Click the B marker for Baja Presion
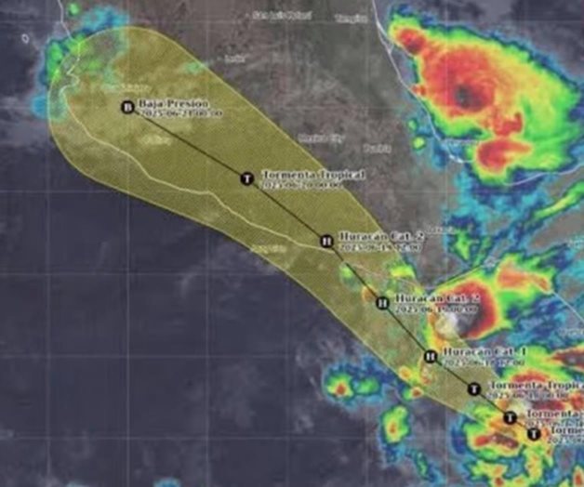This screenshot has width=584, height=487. (x=126, y=106)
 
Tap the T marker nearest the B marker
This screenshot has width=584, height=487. (x=246, y=178)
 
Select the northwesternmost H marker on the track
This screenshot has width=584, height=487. (x=326, y=241)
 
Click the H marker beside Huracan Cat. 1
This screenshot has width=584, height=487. (x=430, y=355)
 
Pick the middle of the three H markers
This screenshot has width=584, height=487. (x=381, y=302)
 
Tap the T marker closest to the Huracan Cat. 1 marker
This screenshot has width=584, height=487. (x=474, y=388)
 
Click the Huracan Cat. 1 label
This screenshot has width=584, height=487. (x=473, y=350)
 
